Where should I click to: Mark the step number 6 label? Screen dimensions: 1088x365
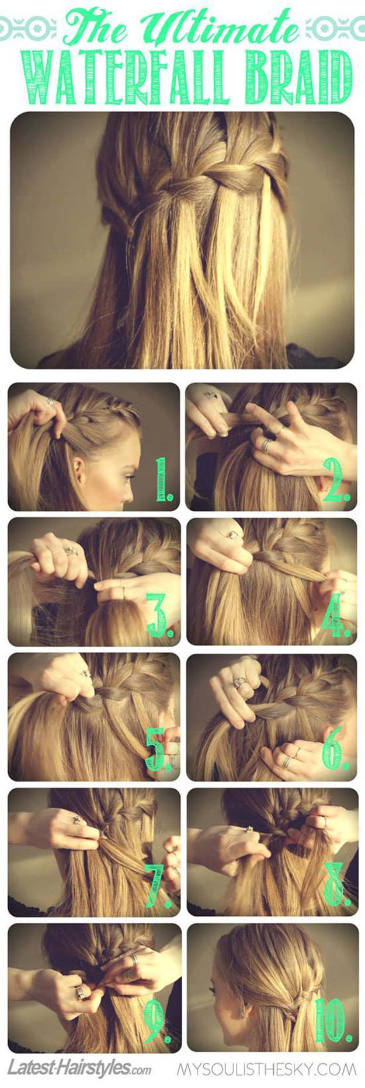(x=336, y=749)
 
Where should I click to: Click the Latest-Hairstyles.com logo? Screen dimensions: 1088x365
(x=79, y=1069)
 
